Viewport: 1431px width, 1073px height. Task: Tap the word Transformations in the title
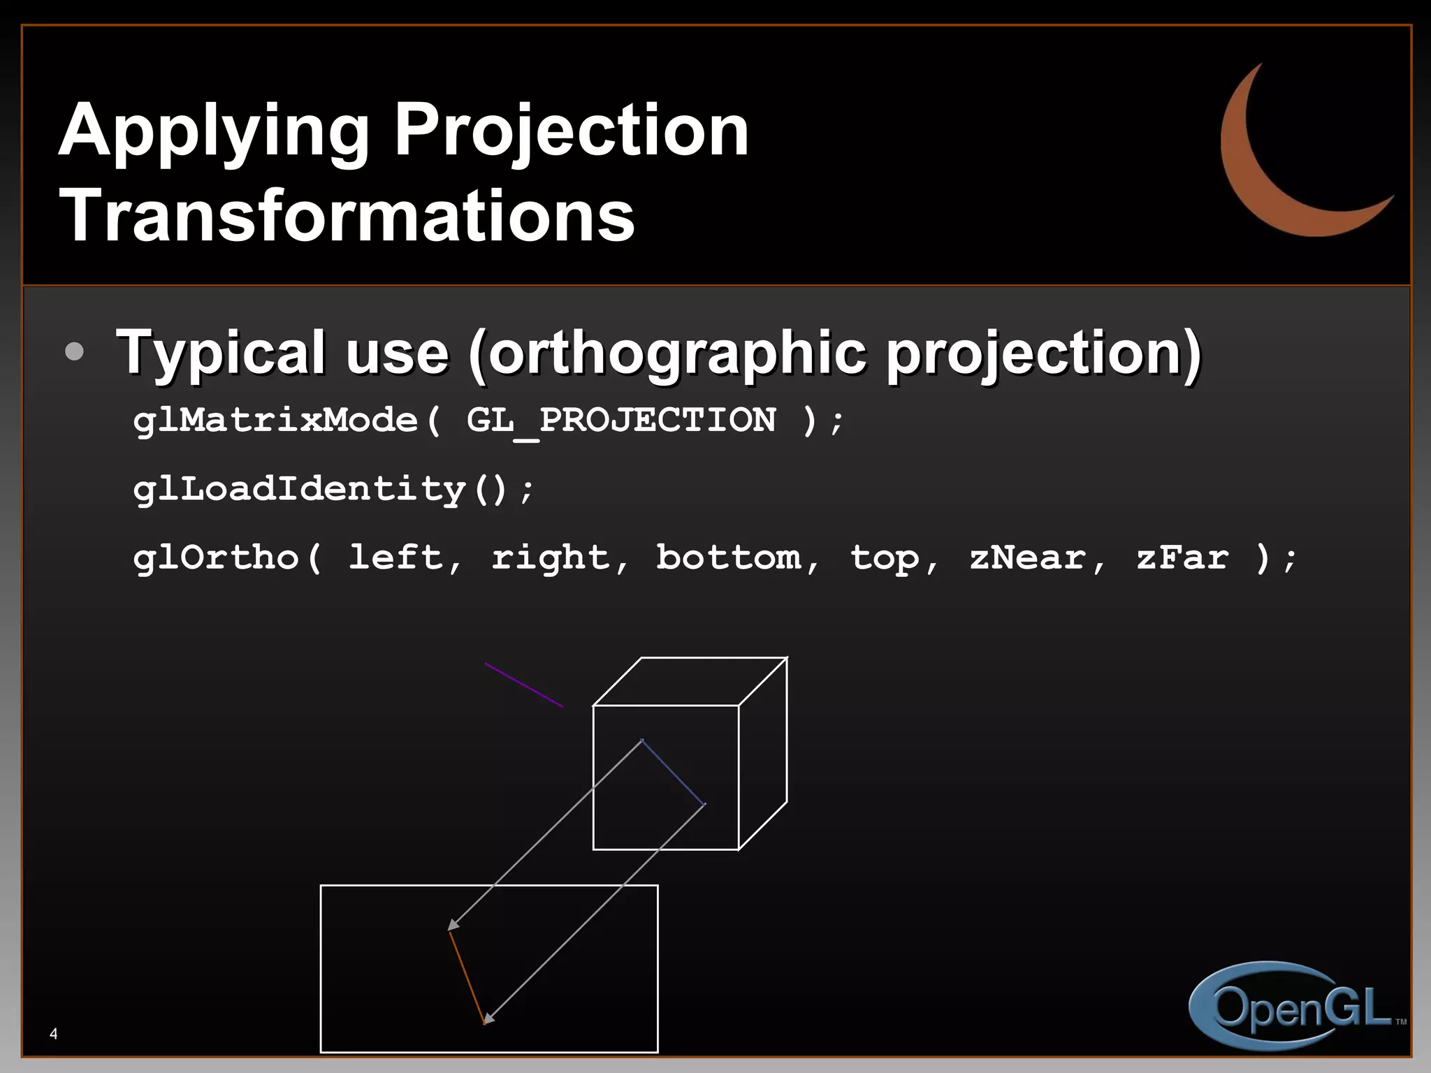click(x=347, y=216)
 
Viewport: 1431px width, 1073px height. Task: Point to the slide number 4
click(x=54, y=1034)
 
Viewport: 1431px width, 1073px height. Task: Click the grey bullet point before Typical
click(x=74, y=351)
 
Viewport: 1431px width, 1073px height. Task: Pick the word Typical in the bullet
click(x=221, y=353)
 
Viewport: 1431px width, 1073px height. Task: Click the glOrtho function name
click(x=217, y=557)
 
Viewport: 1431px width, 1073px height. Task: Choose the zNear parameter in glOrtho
click(x=1028, y=557)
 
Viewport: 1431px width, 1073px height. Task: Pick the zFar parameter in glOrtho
click(x=1182, y=557)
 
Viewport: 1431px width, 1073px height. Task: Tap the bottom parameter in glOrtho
click(x=729, y=557)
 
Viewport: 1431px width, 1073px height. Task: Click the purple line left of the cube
click(x=524, y=685)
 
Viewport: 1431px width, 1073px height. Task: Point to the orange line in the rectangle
click(x=467, y=977)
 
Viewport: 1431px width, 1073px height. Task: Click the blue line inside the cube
click(x=674, y=772)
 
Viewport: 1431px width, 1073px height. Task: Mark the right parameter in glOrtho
click(x=551, y=557)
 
